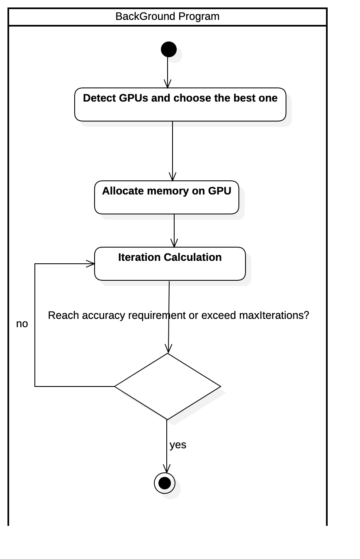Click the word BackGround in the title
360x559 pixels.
(145, 17)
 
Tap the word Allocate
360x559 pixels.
(122, 191)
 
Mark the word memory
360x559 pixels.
(168, 191)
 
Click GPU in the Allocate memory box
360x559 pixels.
(219, 191)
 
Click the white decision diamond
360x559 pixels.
(168, 386)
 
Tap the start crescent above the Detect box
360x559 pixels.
(175, 55)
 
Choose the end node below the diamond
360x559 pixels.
(170, 489)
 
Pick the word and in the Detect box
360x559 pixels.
(161, 98)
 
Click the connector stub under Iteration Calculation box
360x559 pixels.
(169, 284)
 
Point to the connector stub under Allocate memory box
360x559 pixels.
(174, 217)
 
